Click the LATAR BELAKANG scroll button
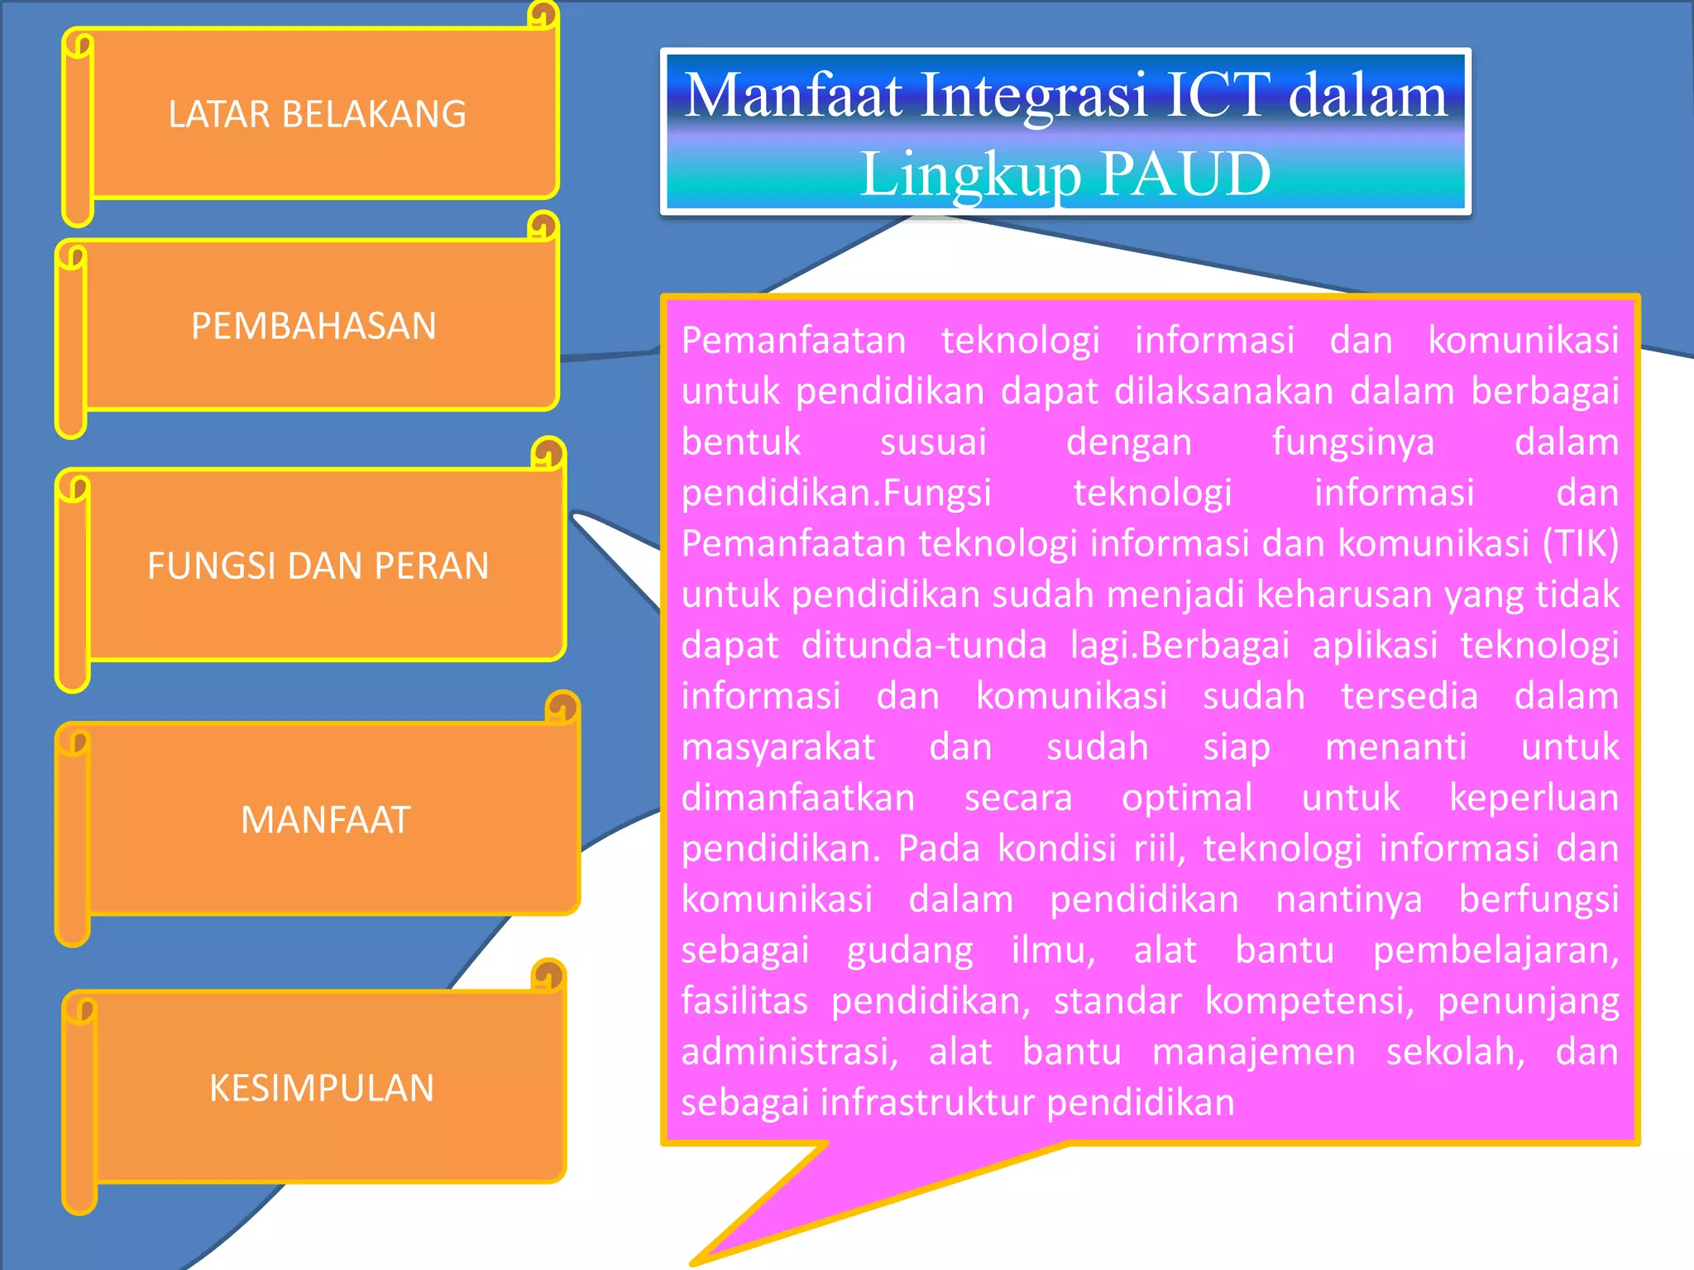[x=318, y=114]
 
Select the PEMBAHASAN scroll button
[x=314, y=326]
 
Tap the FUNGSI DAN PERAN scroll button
[x=318, y=566]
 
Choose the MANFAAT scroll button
[x=326, y=820]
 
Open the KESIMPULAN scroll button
[x=322, y=1088]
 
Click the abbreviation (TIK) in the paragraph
[x=1580, y=544]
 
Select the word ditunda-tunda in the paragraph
[x=924, y=646]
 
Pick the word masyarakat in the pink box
[x=778, y=747]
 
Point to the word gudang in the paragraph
[x=910, y=951]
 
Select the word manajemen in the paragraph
[x=1254, y=1053]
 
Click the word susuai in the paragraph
[x=933, y=442]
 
